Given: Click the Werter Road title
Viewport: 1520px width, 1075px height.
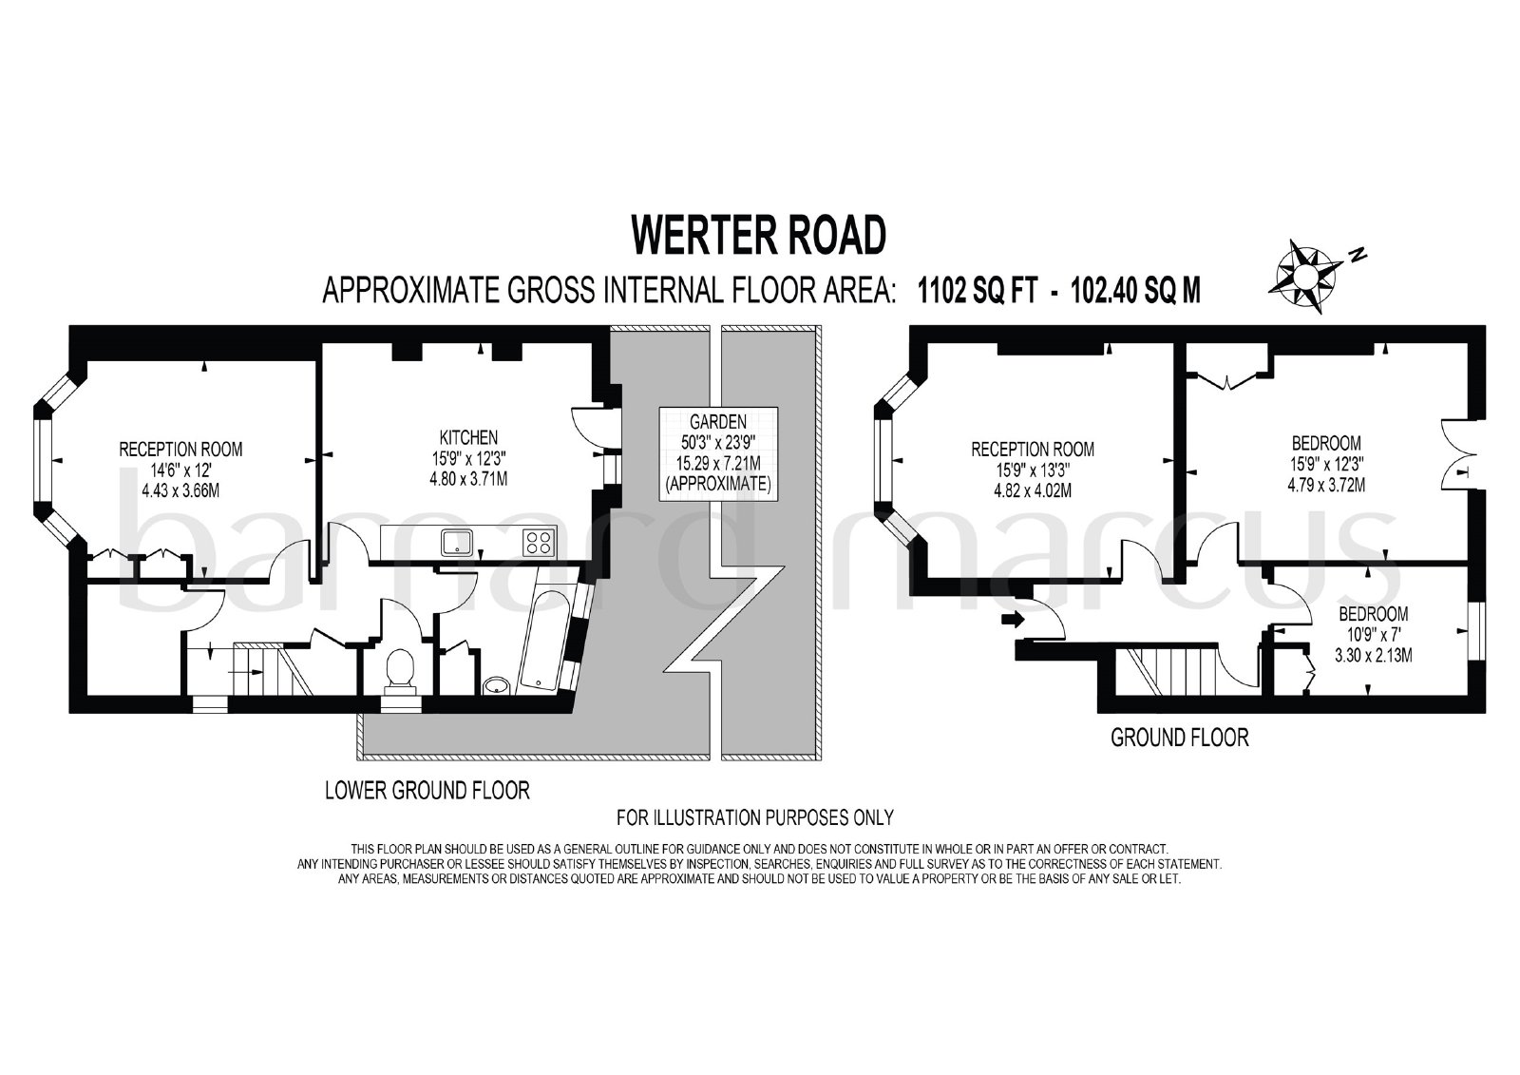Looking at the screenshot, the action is click(x=759, y=235).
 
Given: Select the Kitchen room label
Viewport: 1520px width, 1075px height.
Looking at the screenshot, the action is click(x=468, y=436).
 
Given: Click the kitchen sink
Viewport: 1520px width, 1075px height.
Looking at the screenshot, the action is click(x=457, y=543).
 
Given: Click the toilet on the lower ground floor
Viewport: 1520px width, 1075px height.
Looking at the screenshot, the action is click(x=399, y=670).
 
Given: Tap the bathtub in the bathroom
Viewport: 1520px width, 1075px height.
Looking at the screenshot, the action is click(x=546, y=641).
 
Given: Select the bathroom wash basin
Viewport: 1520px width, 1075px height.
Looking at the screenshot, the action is click(x=498, y=685).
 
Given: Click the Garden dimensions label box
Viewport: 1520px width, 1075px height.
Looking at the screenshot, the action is click(x=718, y=453).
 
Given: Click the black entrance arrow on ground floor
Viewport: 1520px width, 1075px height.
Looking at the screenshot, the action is click(x=1013, y=620).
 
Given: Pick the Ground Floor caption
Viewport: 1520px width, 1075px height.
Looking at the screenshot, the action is click(x=1179, y=738).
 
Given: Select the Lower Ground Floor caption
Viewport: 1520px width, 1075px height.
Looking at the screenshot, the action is click(x=427, y=791).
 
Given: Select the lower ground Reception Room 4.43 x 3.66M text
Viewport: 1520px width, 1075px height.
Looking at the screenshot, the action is click(x=180, y=490).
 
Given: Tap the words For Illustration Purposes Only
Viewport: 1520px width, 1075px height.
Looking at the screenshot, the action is click(x=754, y=817).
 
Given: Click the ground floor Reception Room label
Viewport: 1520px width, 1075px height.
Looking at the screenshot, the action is click(x=1032, y=449).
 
